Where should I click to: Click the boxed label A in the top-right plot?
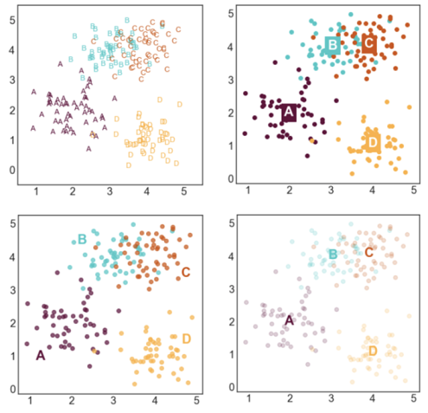pos(289,112)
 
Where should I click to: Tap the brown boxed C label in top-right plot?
pos(369,42)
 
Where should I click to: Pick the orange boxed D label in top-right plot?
pos(374,141)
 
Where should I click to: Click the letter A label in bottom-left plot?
pos(40,355)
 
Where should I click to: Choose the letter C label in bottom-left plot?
pos(185,273)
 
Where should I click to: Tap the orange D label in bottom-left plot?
pos(186,338)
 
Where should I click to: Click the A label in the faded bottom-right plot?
pos(289,320)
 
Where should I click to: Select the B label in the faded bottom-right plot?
pos(332,254)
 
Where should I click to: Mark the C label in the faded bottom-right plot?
pos(369,252)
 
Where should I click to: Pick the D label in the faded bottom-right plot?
pos(373,351)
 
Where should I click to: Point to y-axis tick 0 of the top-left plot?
pos(12,169)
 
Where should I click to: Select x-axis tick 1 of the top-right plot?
pos(247,189)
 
